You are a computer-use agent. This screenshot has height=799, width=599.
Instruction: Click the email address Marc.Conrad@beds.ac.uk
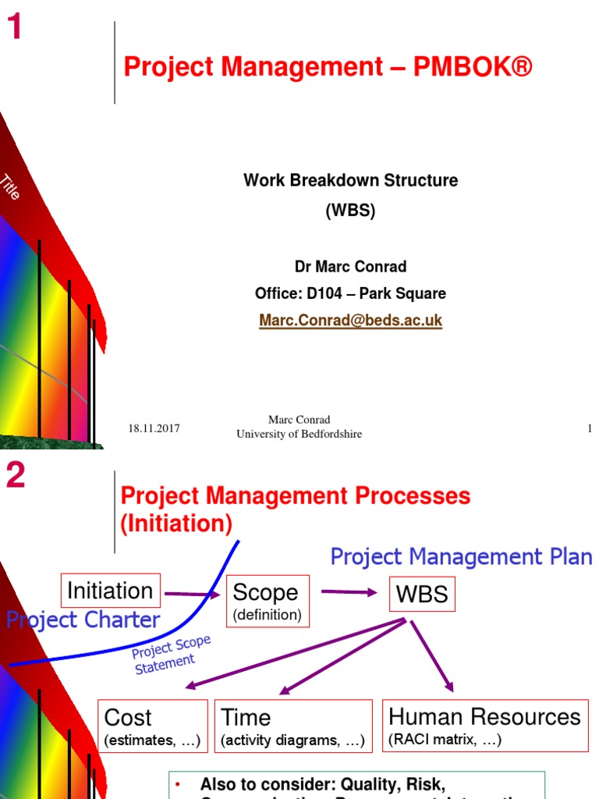pos(350,321)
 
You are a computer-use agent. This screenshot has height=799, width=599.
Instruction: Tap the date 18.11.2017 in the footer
pos(154,428)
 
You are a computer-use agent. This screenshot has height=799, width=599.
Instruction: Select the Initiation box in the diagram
pos(110,591)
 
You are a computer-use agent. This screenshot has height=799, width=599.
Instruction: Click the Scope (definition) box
pos(267,601)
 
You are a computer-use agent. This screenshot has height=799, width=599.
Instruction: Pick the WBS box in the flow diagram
pos(422,594)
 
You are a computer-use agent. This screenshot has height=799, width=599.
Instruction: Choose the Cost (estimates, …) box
pos(152,726)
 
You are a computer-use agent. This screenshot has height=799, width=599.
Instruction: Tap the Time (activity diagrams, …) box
pos(292,726)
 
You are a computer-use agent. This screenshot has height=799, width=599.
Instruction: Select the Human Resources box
pos(484,725)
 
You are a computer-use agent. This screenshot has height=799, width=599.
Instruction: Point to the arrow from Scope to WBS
pos(349,591)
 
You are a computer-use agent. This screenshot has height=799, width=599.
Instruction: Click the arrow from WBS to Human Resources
pos(431,655)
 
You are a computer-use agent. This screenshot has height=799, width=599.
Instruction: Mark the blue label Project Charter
pos(83,620)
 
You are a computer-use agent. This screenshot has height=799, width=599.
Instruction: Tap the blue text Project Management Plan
pos(461,557)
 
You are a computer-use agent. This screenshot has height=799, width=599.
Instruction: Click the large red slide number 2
pos(16,475)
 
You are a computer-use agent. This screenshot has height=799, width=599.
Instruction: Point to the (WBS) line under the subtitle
pos(350,211)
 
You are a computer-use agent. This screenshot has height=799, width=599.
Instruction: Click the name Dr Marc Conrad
pos(350,267)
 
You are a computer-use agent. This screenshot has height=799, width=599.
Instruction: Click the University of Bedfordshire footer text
pos(299,434)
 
